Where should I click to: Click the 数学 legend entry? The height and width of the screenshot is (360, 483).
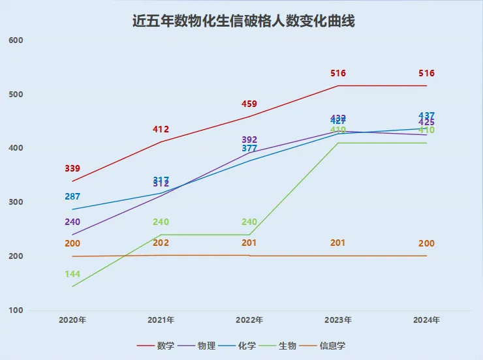165,345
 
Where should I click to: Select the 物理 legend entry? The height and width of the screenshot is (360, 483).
206,345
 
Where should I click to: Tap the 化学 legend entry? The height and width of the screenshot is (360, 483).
247,345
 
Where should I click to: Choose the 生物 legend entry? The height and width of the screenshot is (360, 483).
287,345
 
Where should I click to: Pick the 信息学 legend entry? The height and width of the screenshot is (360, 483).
332,345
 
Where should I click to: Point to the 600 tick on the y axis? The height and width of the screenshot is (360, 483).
16,40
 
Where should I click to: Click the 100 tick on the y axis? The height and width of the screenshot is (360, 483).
16,310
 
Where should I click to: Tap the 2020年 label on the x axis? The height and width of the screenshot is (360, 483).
72,320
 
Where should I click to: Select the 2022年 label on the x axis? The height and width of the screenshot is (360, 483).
249,320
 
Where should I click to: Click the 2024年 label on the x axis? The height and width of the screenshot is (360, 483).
426,320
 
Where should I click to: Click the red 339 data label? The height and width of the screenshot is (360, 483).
72,169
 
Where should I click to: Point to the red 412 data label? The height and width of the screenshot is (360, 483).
161,130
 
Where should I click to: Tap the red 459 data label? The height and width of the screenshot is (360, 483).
249,104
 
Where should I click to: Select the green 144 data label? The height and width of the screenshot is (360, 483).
72,275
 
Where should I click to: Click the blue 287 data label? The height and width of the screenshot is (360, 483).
72,196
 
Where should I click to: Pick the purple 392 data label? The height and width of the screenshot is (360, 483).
249,140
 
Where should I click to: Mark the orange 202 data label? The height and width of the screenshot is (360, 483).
161,243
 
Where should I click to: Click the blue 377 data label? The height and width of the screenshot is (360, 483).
249,149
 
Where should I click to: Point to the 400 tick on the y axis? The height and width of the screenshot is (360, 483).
16,148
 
